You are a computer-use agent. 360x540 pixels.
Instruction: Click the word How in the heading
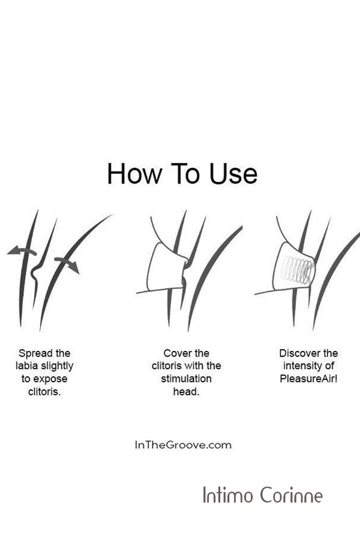pyautogui.click(x=134, y=173)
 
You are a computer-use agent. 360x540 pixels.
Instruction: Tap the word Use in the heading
pyautogui.click(x=233, y=173)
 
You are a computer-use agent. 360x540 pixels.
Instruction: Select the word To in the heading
pyautogui.click(x=185, y=173)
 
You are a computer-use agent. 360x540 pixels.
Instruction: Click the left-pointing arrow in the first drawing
pyautogui.click(x=22, y=251)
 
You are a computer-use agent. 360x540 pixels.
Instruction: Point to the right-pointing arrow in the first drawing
pyautogui.click(x=67, y=264)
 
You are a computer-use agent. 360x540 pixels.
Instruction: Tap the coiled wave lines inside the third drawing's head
pyautogui.click(x=297, y=270)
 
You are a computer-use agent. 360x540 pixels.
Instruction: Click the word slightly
pyautogui.click(x=57, y=366)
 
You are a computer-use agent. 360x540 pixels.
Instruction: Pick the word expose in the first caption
pyautogui.click(x=50, y=379)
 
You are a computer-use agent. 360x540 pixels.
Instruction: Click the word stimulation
pyautogui.click(x=186, y=379)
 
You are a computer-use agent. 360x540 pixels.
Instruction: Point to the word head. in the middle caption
pyautogui.click(x=186, y=392)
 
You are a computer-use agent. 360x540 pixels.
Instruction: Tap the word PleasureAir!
pyautogui.click(x=308, y=379)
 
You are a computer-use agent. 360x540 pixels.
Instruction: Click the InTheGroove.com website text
pyautogui.click(x=183, y=445)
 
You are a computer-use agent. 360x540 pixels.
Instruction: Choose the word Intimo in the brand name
pyautogui.click(x=228, y=495)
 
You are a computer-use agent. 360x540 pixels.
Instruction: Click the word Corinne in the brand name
pyautogui.click(x=291, y=495)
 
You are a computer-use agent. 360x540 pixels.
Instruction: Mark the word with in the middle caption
pyautogui.click(x=195, y=366)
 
